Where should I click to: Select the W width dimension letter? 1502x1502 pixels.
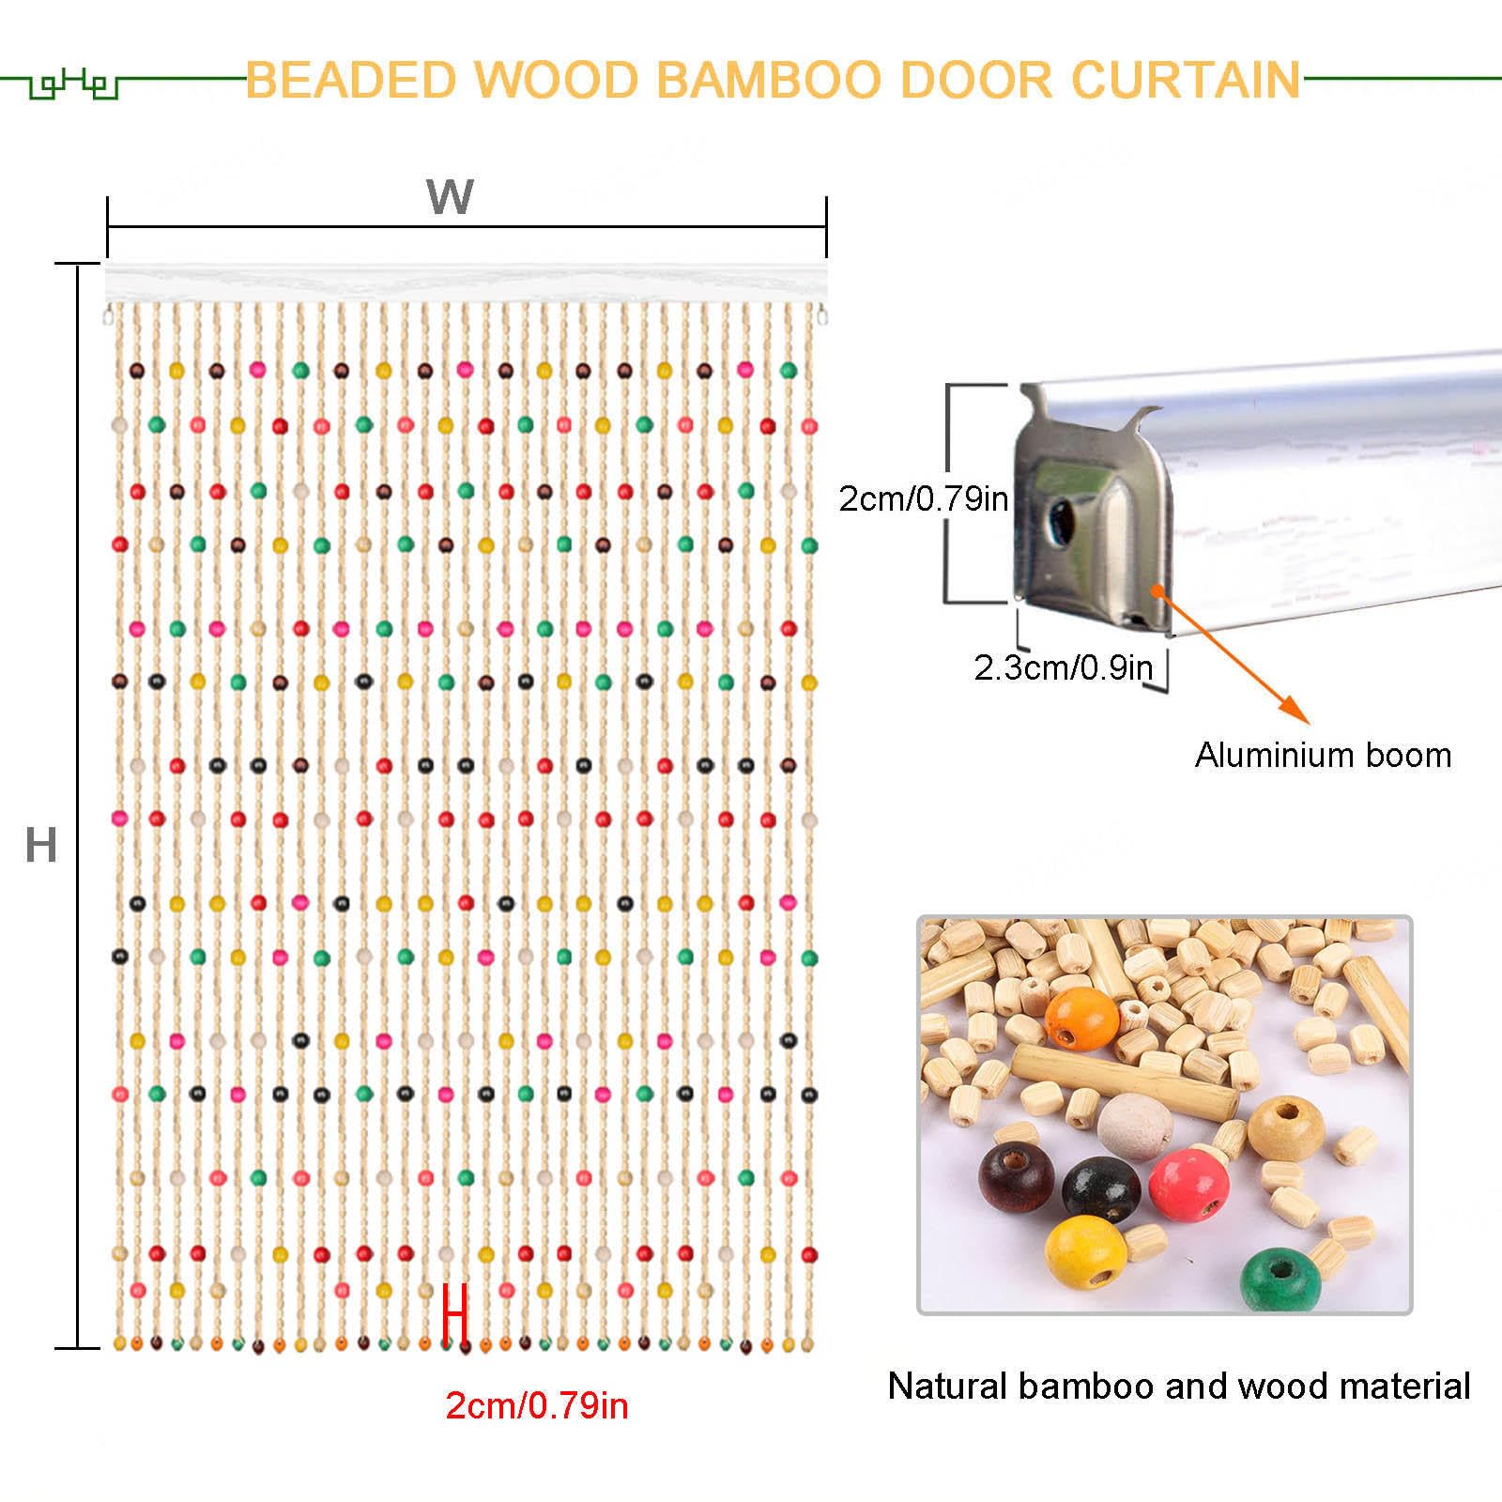click(450, 197)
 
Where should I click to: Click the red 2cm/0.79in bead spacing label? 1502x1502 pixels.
click(537, 1405)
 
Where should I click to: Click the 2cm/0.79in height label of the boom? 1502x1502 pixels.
click(923, 498)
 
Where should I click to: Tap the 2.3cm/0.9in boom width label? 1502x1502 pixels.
click(1063, 667)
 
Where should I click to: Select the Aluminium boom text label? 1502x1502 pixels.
click(1323, 755)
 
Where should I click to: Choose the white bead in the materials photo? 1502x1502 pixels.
click(1135, 1126)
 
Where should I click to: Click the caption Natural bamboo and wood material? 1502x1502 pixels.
click(1179, 1386)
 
